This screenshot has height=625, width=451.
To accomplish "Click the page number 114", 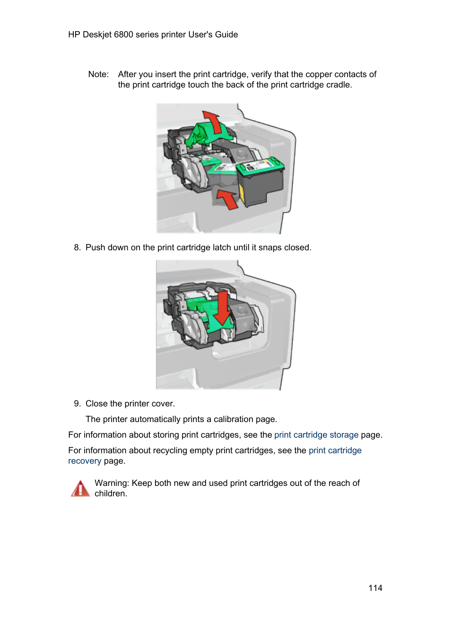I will click(x=375, y=588).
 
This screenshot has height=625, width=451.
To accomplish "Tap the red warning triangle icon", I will click(x=80, y=489).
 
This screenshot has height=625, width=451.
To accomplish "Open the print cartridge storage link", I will click(x=316, y=435).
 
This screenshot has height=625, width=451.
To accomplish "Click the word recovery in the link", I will click(x=85, y=461).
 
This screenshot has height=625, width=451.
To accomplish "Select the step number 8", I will click(x=77, y=247).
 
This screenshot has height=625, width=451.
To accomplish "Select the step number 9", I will click(x=77, y=404).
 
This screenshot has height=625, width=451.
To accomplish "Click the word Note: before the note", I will click(x=98, y=74).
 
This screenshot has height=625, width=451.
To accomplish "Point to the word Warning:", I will click(x=112, y=483).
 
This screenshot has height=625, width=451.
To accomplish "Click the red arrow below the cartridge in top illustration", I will click(x=227, y=198).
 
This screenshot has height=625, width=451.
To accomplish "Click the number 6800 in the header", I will click(x=123, y=35).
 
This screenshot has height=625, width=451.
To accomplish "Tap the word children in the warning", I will click(x=110, y=493).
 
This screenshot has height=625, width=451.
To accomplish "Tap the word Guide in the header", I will click(x=226, y=35).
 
